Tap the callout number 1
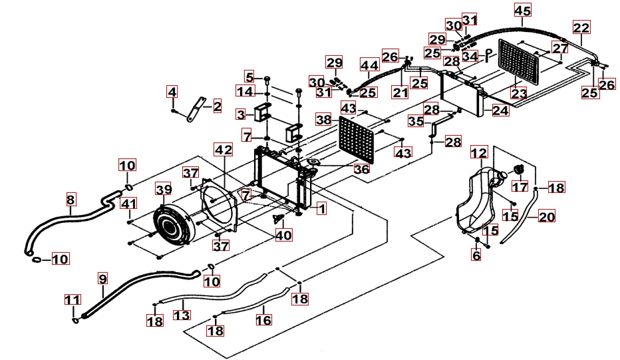[x=321, y=208]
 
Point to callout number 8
[x=71, y=198]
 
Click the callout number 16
[x=263, y=319]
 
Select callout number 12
[x=479, y=153]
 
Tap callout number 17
[x=520, y=187]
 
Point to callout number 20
[x=546, y=216]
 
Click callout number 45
[x=522, y=10]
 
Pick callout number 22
[x=581, y=28]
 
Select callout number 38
[x=323, y=120]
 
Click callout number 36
[x=362, y=170]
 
